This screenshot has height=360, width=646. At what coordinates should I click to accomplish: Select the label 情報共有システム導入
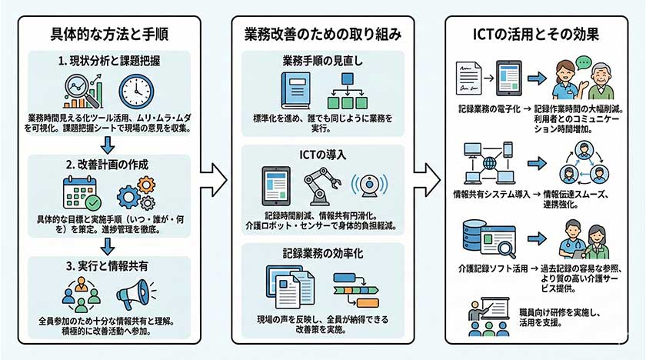click(x=484, y=195)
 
